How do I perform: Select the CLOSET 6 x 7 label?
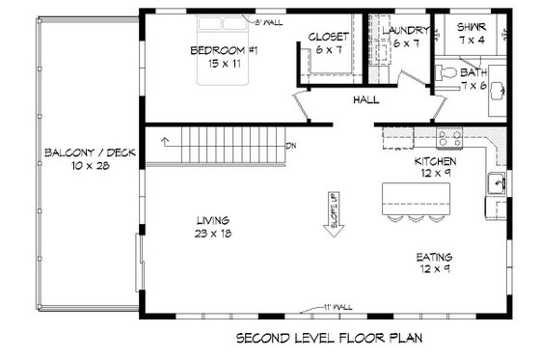click(328, 43)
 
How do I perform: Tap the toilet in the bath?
click(445, 73)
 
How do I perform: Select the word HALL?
click(365, 99)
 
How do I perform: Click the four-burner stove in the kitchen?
click(447, 138)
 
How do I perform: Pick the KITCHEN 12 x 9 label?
click(433, 167)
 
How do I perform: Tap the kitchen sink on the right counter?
click(501, 182)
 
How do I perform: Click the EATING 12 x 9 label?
click(434, 263)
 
